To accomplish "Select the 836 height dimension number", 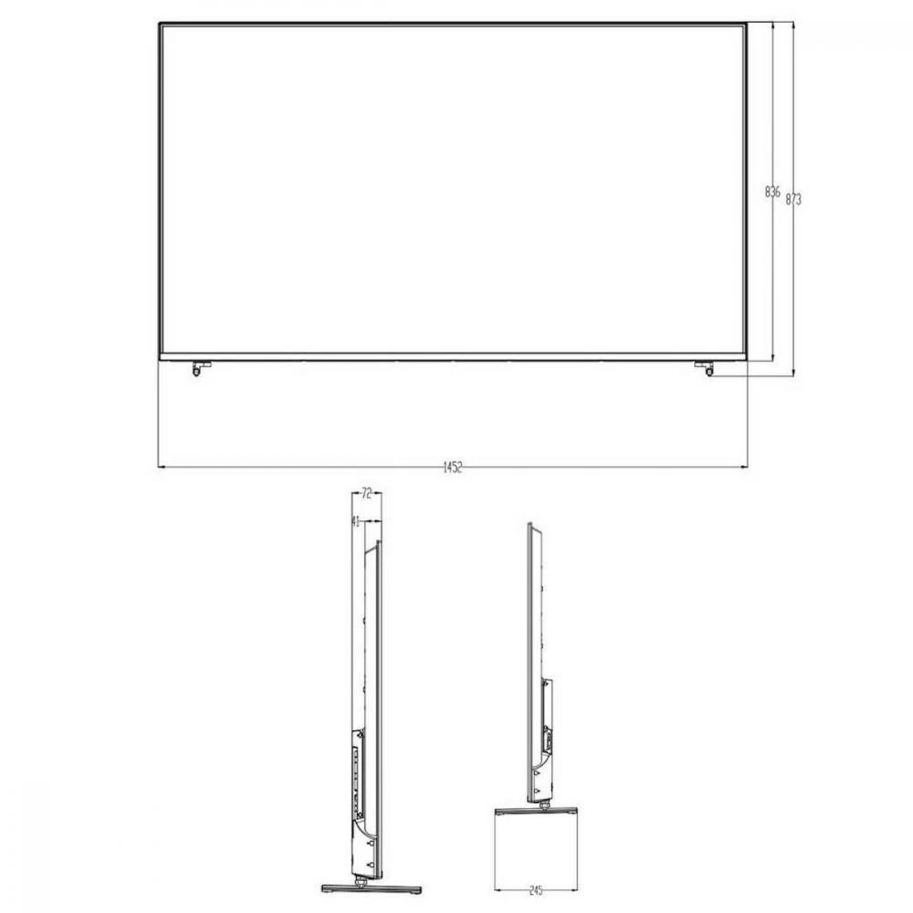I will tap(771, 192).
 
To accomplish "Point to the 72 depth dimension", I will tap(366, 494).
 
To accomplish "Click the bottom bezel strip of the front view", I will tap(452, 357).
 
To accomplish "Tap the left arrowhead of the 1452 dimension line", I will tap(161, 467).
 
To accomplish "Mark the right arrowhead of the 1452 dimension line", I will tap(747, 467).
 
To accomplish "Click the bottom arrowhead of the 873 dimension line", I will tap(793, 373).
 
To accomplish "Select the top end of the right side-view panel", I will tap(529, 526).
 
